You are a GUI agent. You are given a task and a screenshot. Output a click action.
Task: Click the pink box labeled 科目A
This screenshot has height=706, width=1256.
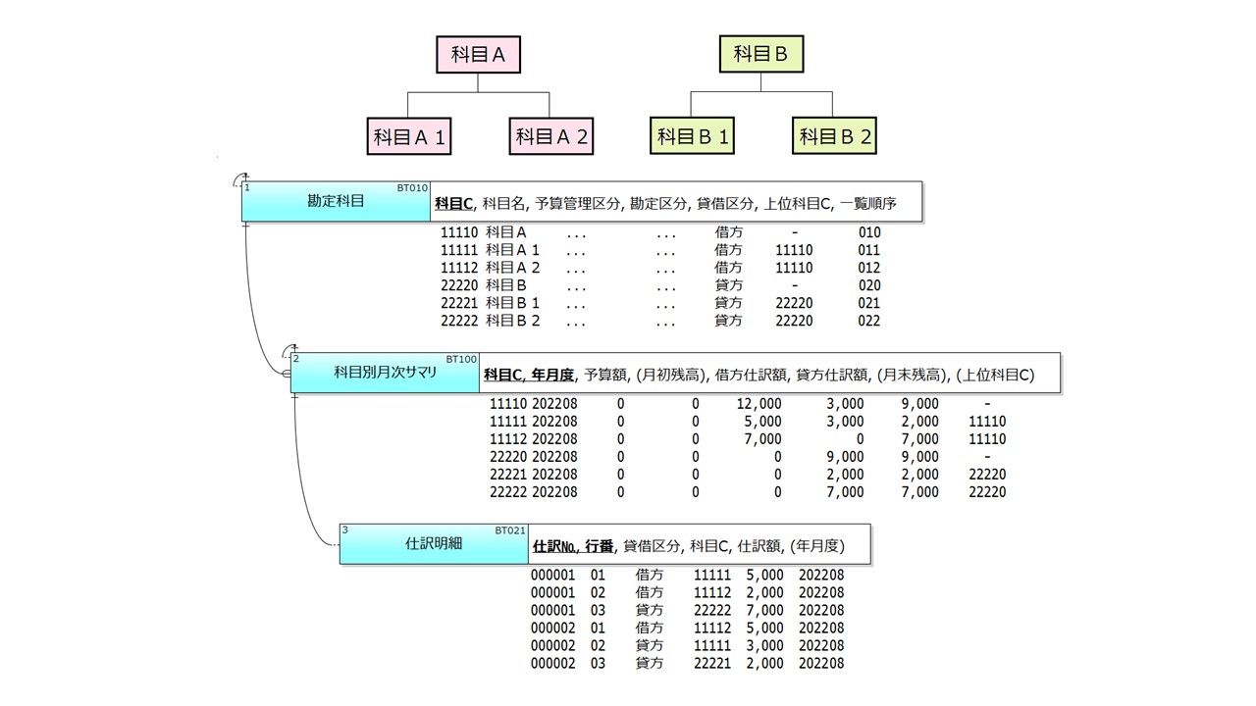coord(478,54)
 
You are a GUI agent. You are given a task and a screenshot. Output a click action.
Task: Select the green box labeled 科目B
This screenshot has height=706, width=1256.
coord(760,54)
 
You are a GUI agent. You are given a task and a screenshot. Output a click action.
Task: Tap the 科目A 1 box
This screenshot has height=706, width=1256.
coord(409,136)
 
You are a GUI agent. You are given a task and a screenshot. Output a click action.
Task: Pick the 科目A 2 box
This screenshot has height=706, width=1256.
coord(551,136)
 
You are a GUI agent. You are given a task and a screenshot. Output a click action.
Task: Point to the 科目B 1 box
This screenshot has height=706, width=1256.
coord(692,135)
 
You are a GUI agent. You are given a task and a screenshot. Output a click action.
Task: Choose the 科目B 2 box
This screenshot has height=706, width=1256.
coord(834,135)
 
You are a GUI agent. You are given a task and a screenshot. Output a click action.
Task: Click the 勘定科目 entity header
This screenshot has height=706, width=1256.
coord(336,201)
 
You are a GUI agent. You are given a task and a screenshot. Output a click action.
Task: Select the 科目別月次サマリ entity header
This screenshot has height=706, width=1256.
coord(385,373)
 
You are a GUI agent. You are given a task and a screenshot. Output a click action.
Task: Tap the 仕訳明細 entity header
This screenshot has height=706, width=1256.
coord(434,543)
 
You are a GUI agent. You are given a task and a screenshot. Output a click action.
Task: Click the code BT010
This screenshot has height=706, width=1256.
coord(412,188)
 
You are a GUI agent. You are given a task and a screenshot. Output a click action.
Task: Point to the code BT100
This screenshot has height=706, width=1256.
coord(461,359)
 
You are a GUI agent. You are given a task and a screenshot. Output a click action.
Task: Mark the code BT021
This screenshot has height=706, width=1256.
coord(509,530)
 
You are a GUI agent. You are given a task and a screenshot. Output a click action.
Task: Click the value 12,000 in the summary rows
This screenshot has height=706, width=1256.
coord(759,404)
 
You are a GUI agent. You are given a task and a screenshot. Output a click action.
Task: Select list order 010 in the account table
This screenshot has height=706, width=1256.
coord(869,232)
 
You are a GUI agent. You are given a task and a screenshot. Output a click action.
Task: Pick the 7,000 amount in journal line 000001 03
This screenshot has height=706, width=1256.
coord(764,610)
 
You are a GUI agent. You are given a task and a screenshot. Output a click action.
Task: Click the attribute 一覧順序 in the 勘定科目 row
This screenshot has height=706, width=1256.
coord(868,203)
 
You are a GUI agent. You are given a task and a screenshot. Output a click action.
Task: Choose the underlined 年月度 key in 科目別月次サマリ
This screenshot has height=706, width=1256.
coord(552,375)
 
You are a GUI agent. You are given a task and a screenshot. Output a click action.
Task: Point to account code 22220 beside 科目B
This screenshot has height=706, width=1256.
coord(459,285)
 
